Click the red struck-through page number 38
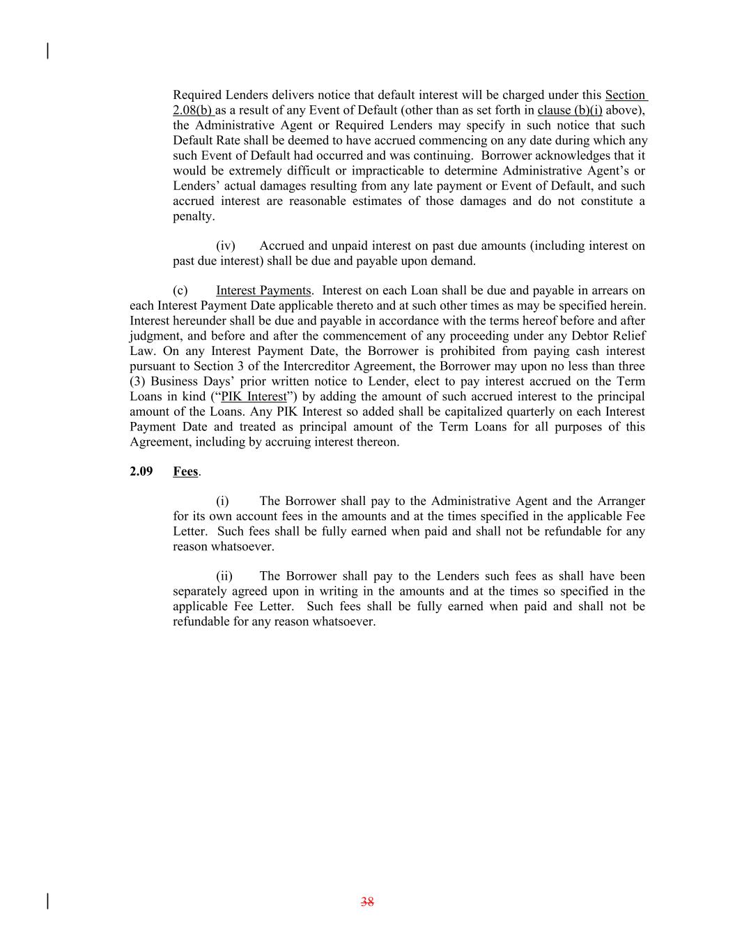click(367, 902)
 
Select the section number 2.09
click(141, 471)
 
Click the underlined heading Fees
click(185, 471)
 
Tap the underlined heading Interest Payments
click(263, 290)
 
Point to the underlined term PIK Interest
click(254, 397)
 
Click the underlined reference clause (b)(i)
click(570, 110)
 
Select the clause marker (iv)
click(226, 245)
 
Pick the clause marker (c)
click(180, 290)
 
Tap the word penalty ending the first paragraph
click(193, 216)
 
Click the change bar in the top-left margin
click(47, 51)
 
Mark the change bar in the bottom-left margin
click(47, 900)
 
